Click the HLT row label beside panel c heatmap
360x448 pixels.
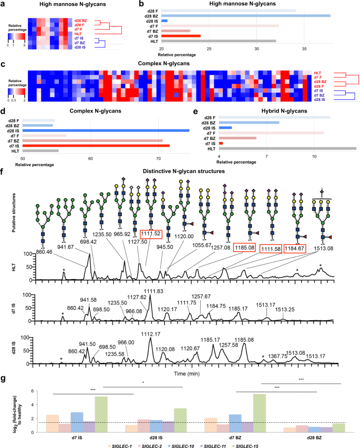(317, 73)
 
